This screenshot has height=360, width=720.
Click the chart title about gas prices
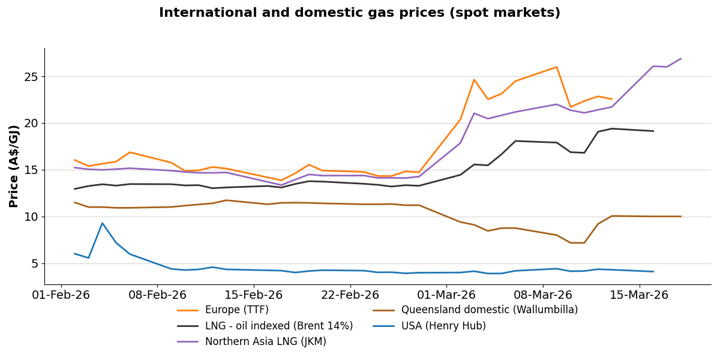pos(359,13)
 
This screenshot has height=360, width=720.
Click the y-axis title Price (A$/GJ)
pos(14,166)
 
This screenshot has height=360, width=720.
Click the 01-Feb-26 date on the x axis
pos(61,295)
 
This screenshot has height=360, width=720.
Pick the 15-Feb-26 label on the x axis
pos(254,295)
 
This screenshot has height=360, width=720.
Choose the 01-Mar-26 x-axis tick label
pos(446,295)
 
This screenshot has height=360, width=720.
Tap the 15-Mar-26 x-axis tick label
pos(639,295)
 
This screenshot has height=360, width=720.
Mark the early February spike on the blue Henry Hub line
pos(102,223)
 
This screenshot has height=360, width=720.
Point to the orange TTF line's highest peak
pos(556,67)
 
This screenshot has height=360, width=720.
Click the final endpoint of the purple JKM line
pos(680,59)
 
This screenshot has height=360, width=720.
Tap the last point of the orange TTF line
pos(612,100)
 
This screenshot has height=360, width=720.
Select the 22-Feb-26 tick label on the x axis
pos(350,295)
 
